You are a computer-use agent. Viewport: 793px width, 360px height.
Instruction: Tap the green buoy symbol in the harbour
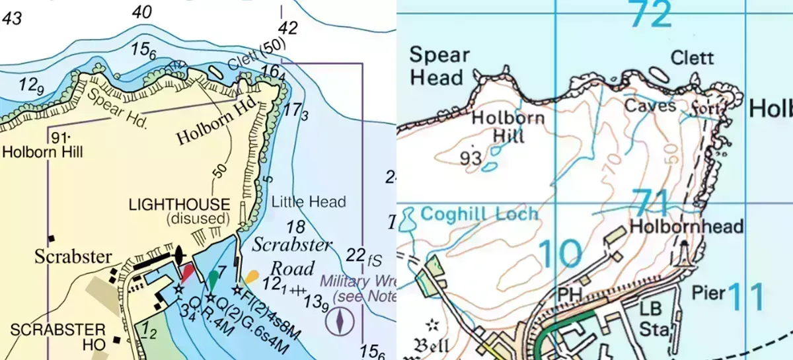[x=213, y=279]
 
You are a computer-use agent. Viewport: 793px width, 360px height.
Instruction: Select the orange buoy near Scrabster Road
[x=250, y=277]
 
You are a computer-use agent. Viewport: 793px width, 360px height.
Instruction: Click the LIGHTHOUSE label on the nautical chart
[x=179, y=205]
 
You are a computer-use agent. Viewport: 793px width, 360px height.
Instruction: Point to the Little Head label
[x=309, y=201]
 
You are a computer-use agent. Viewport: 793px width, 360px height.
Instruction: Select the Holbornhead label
[x=687, y=226]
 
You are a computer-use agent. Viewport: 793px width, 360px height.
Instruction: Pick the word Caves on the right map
[x=650, y=105]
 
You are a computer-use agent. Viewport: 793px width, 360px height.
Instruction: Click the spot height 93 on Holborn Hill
[x=470, y=158]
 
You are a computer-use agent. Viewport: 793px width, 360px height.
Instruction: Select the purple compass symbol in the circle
[x=340, y=322]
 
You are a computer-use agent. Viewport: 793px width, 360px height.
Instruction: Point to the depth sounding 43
[x=11, y=18]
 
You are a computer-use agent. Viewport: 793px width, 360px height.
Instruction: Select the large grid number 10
[x=560, y=254]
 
